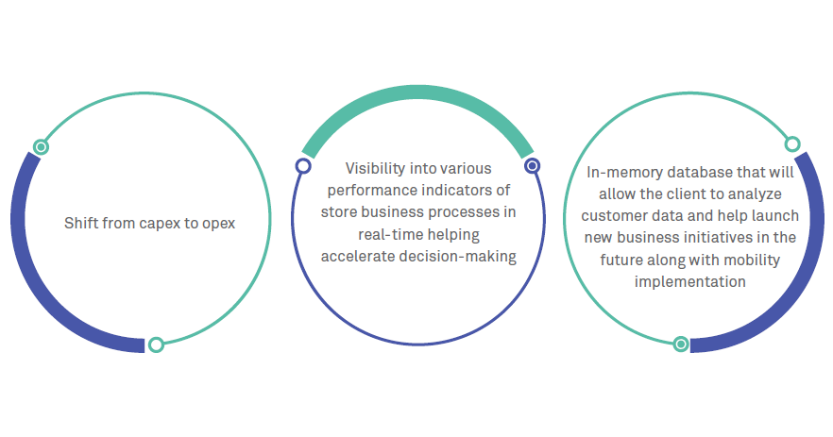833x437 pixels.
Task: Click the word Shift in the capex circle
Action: point(78,224)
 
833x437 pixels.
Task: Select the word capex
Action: point(158,224)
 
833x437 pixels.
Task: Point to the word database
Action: point(699,173)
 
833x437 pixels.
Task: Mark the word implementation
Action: point(690,281)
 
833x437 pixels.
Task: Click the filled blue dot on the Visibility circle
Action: point(532,165)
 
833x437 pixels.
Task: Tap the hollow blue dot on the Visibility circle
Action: point(303,166)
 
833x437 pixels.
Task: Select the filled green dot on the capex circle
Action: point(41,146)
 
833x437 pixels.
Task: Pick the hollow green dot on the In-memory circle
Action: point(792,144)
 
